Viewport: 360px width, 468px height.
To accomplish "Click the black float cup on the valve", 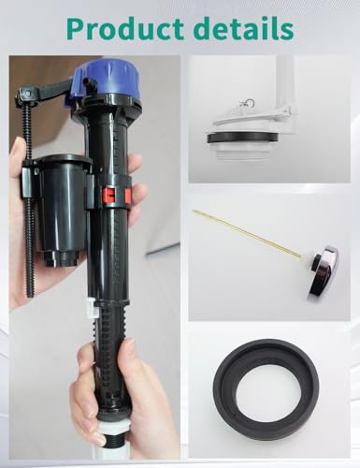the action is pyautogui.click(x=62, y=209).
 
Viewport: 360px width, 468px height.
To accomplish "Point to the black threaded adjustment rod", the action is pyautogui.click(x=28, y=199).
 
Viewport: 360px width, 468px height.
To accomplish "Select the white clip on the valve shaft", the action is pyautogui.click(x=92, y=307).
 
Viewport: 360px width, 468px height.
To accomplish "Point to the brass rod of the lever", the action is pyautogui.click(x=247, y=233).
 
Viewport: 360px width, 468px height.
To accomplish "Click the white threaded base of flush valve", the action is pyautogui.click(x=243, y=152).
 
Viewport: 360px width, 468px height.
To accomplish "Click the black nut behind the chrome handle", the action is pyautogui.click(x=315, y=262).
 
